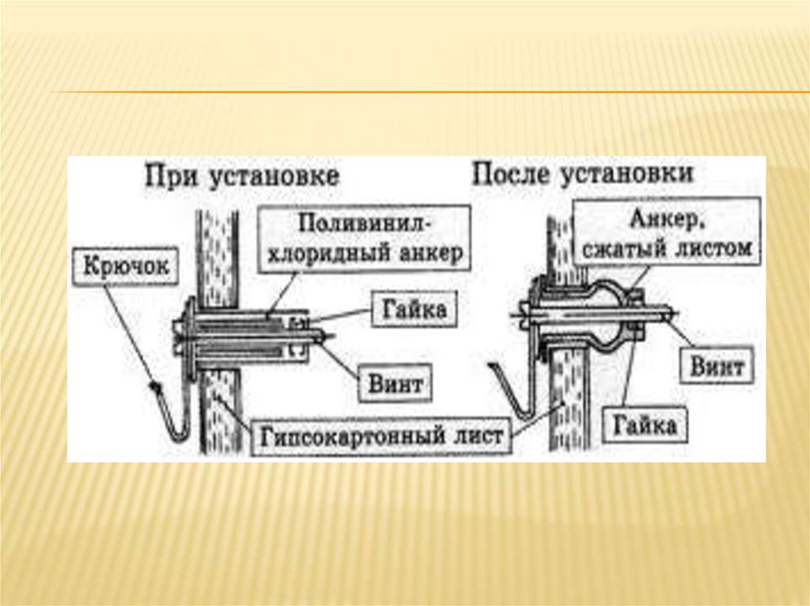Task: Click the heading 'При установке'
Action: [x=241, y=175]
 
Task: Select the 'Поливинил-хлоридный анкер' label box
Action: [x=364, y=239]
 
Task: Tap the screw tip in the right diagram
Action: [x=672, y=314]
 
